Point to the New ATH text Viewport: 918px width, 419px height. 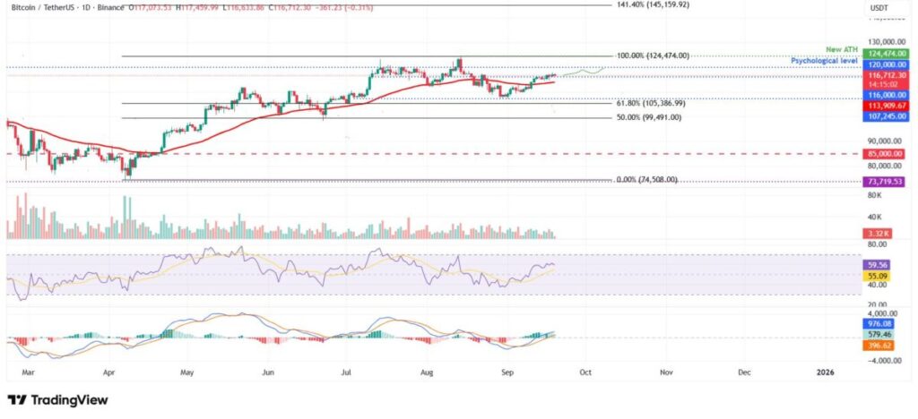tap(842, 49)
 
